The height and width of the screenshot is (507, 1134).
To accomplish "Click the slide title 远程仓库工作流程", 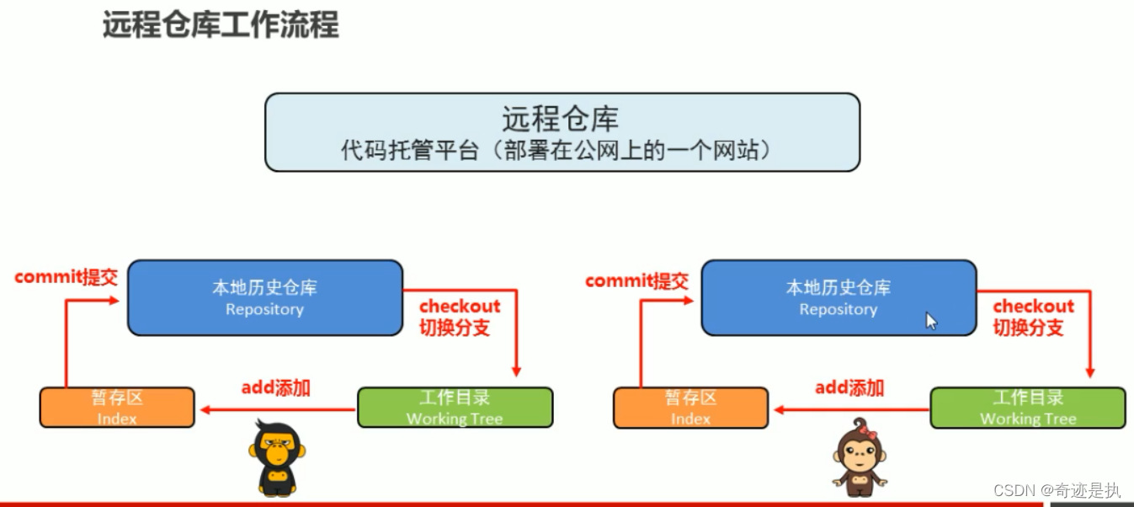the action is click(x=221, y=24).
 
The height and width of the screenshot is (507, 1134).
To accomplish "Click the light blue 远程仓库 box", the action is click(x=562, y=132).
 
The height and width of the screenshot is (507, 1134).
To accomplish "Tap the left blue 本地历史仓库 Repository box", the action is click(x=265, y=298).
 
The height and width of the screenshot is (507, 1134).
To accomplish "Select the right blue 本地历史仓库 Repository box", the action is click(x=839, y=298).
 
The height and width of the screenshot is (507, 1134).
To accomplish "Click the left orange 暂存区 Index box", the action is click(x=117, y=408).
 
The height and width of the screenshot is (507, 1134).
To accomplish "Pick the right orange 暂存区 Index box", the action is click(x=690, y=408).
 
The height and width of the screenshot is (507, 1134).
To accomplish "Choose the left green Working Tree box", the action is click(x=455, y=408).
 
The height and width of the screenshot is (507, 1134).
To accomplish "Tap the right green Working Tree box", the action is click(x=1028, y=408).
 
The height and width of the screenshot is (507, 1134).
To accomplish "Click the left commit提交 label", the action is click(x=66, y=277).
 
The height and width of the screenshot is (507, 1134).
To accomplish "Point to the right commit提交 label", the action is click(x=636, y=280).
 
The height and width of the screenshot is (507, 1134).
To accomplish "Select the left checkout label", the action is click(x=460, y=307).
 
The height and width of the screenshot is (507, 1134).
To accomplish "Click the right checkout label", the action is click(x=1033, y=307).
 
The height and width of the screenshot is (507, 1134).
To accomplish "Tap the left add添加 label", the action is click(x=276, y=388).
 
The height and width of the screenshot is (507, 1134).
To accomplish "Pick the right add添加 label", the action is click(x=849, y=388).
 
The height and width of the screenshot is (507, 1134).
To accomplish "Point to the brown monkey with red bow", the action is click(x=860, y=457).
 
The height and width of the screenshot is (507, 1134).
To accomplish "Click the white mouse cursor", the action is click(x=931, y=321).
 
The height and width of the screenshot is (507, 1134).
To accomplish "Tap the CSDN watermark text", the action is click(x=1057, y=490).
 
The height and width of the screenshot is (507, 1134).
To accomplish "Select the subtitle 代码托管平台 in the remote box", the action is click(x=409, y=151).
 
